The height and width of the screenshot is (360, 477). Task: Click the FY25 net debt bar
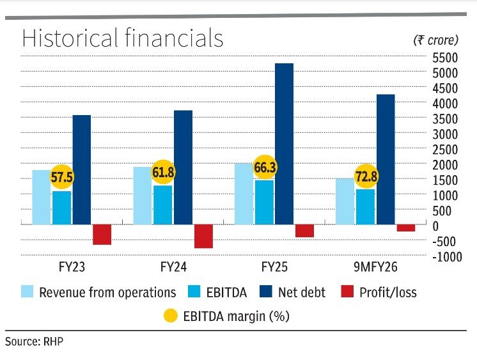coord(284,144)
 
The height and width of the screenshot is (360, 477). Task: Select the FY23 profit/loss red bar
coord(102,234)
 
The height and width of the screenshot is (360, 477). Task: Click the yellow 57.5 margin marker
coord(62,175)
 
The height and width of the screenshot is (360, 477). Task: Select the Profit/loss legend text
coord(387,293)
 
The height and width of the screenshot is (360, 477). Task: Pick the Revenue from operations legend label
coord(107,293)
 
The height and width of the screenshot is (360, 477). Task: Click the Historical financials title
coord(123,38)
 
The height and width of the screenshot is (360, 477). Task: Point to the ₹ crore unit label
coord(435,40)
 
